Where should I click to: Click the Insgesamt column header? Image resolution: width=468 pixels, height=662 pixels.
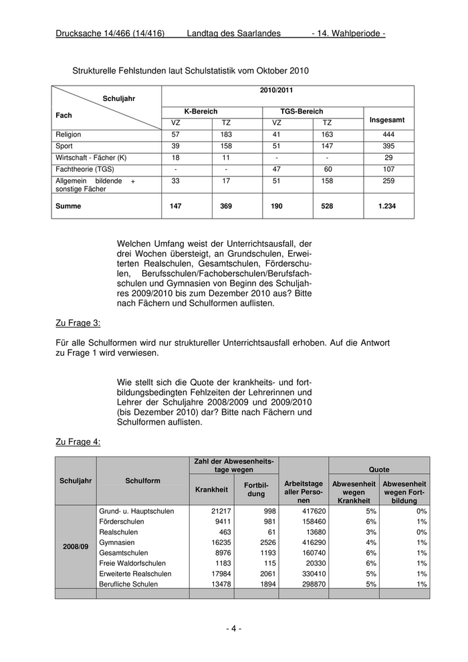388,120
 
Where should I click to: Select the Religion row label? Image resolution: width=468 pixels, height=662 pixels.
69,134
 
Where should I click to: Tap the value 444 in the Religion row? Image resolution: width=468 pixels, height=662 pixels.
388,134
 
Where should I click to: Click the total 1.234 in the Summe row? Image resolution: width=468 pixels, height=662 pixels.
387,207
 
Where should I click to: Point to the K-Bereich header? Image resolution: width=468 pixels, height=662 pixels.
201,112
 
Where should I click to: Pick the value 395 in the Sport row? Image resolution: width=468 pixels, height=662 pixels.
388,146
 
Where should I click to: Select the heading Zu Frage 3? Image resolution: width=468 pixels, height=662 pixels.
78,324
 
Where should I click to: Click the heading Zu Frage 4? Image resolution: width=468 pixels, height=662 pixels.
78,441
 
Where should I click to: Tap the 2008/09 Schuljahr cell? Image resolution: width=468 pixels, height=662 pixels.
75,547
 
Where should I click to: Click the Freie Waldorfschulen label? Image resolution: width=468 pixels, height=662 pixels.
132,563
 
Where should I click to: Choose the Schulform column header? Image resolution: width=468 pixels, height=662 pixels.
142,480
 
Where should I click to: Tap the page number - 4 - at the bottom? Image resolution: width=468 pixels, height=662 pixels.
233,629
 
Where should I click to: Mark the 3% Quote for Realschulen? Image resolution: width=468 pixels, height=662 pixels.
372,532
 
